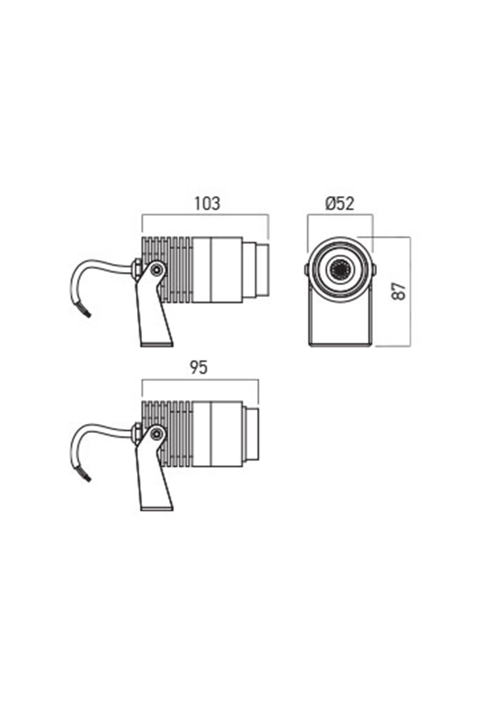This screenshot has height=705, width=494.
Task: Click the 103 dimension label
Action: click(x=207, y=203)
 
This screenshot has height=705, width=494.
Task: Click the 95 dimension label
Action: click(x=199, y=368)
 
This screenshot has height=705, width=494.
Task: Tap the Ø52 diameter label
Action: click(x=340, y=203)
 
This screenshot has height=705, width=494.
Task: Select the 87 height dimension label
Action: click(x=399, y=291)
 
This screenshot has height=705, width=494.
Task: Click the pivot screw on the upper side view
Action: click(x=157, y=269)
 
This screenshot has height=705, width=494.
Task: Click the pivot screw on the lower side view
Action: click(x=157, y=433)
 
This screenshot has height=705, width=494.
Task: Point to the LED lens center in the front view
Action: click(x=340, y=270)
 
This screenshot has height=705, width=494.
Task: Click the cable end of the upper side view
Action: click(x=87, y=312)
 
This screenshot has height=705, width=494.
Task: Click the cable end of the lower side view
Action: click(x=87, y=476)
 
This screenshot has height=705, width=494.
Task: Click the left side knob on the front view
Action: click(x=306, y=270)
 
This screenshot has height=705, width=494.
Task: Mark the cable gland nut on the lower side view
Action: click(x=136, y=433)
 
